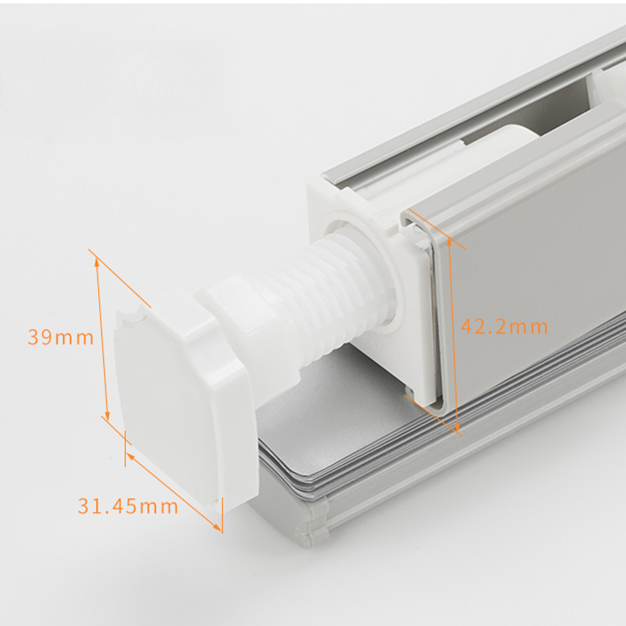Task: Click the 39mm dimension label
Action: (61, 337)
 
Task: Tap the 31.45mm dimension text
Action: (128, 506)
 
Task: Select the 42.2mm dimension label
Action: (504, 327)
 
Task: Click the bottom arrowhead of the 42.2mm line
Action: (458, 429)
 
